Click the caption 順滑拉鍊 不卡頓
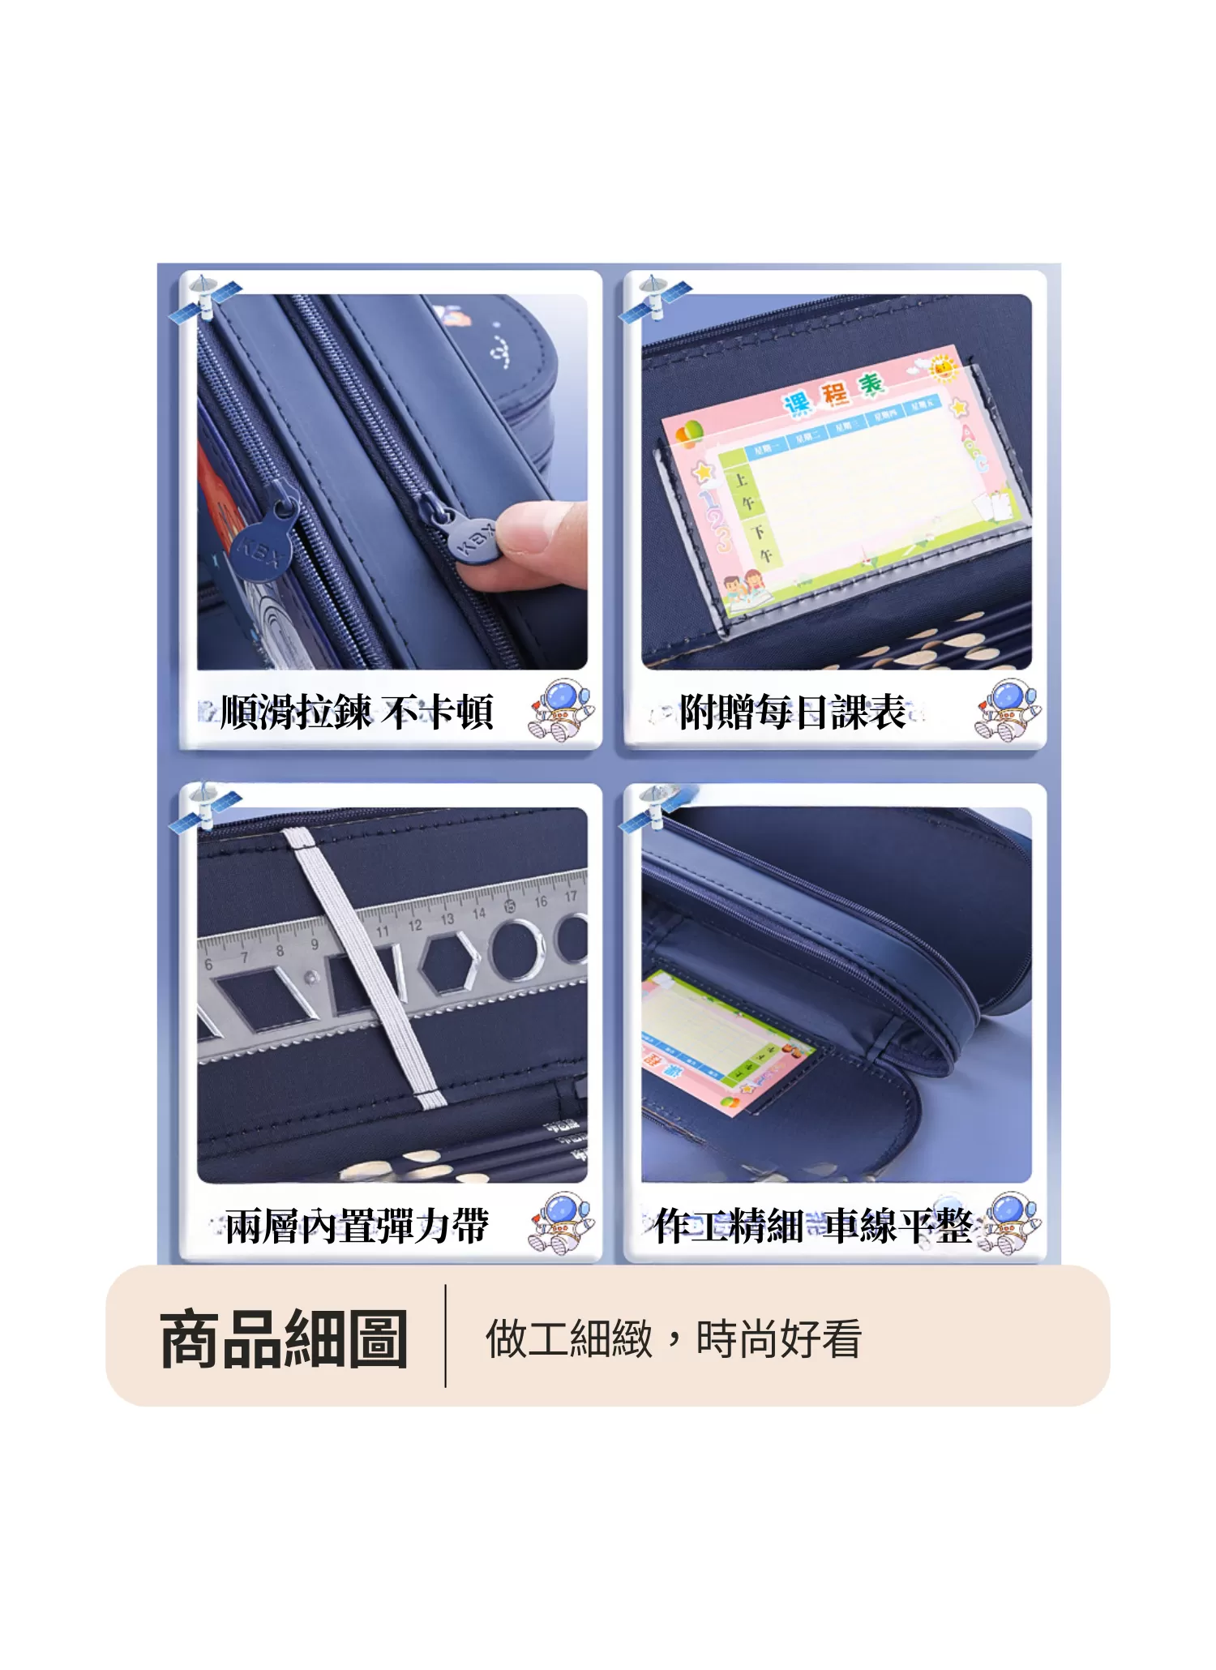pyautogui.click(x=357, y=713)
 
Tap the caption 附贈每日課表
pyautogui.click(x=792, y=713)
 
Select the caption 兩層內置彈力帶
pyautogui.click(x=357, y=1225)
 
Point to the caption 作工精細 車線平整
pyautogui.click(x=813, y=1225)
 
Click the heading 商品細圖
pyautogui.click(x=284, y=1339)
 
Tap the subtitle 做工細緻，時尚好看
pyautogui.click(x=673, y=1339)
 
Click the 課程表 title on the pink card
pyautogui.click(x=833, y=393)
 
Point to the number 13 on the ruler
pyautogui.click(x=447, y=919)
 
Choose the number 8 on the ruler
pyautogui.click(x=280, y=951)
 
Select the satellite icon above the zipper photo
pyautogui.click(x=205, y=300)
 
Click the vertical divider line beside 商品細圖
pyautogui.click(x=445, y=1335)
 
